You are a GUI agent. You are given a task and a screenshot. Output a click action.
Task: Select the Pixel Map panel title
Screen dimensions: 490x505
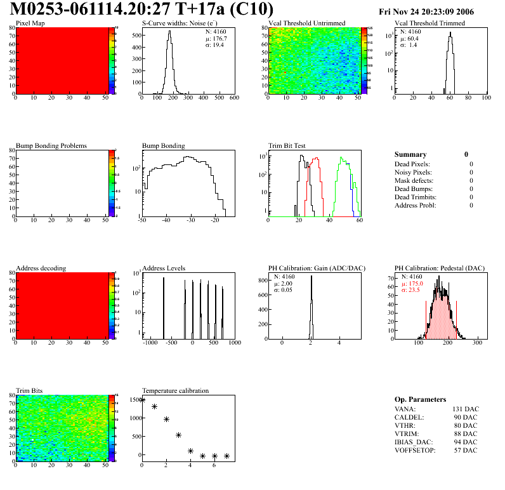point(30,23)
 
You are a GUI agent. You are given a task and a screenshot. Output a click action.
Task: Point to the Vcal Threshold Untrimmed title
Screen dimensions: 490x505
point(306,23)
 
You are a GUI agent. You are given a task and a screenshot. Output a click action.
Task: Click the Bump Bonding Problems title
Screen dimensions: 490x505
point(51,146)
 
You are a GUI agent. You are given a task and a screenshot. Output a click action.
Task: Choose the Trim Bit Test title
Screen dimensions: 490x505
point(287,146)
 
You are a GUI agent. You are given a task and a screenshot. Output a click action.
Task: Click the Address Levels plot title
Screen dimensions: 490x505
point(164,268)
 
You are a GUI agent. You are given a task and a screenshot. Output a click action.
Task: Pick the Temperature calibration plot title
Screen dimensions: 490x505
point(175,391)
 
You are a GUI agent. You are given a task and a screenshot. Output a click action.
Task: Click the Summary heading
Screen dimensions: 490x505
point(410,154)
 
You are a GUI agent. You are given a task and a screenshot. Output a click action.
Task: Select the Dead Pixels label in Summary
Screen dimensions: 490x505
point(412,164)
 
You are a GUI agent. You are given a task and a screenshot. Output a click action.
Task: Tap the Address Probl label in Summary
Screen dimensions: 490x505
point(415,205)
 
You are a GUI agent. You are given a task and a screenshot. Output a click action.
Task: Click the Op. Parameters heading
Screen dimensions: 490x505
point(420,399)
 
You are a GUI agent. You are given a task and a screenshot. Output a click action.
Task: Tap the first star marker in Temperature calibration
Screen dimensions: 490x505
point(143,400)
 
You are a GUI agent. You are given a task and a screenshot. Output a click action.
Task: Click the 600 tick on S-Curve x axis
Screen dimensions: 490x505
point(234,98)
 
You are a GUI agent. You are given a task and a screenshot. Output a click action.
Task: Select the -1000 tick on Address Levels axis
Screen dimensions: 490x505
point(150,343)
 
